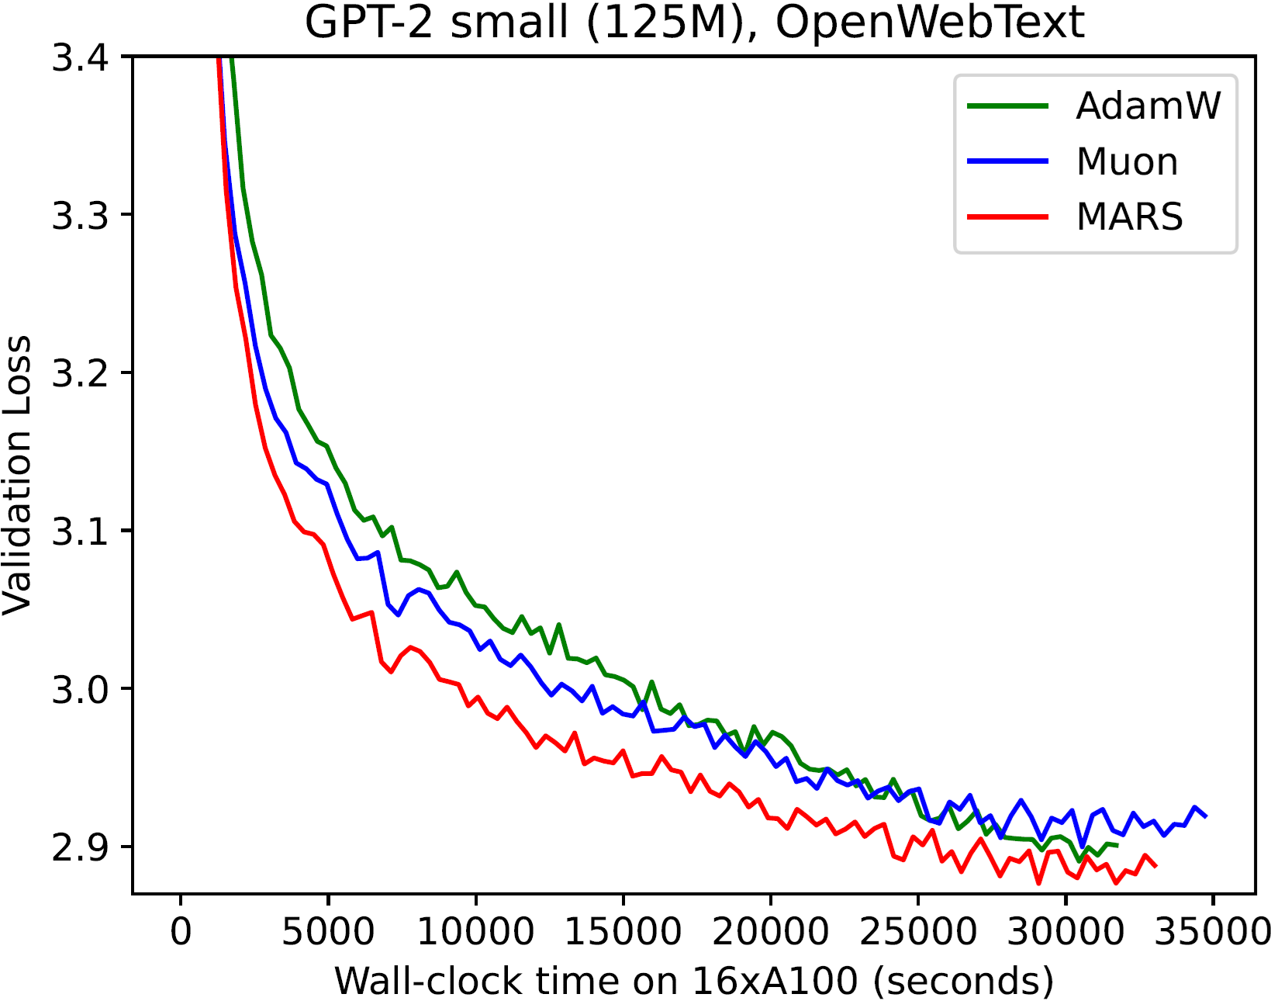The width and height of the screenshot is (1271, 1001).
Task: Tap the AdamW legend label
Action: (1148, 106)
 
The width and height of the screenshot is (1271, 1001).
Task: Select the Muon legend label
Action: (1127, 161)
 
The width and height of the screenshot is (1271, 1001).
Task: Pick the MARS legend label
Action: (1129, 217)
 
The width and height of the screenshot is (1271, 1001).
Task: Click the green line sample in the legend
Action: (1007, 106)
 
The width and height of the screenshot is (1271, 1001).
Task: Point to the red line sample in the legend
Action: (1007, 217)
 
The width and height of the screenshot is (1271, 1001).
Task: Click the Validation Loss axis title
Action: (17, 475)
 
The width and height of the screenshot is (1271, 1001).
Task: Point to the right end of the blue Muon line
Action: (1206, 816)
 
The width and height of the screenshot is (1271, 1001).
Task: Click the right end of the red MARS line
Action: (1155, 866)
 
